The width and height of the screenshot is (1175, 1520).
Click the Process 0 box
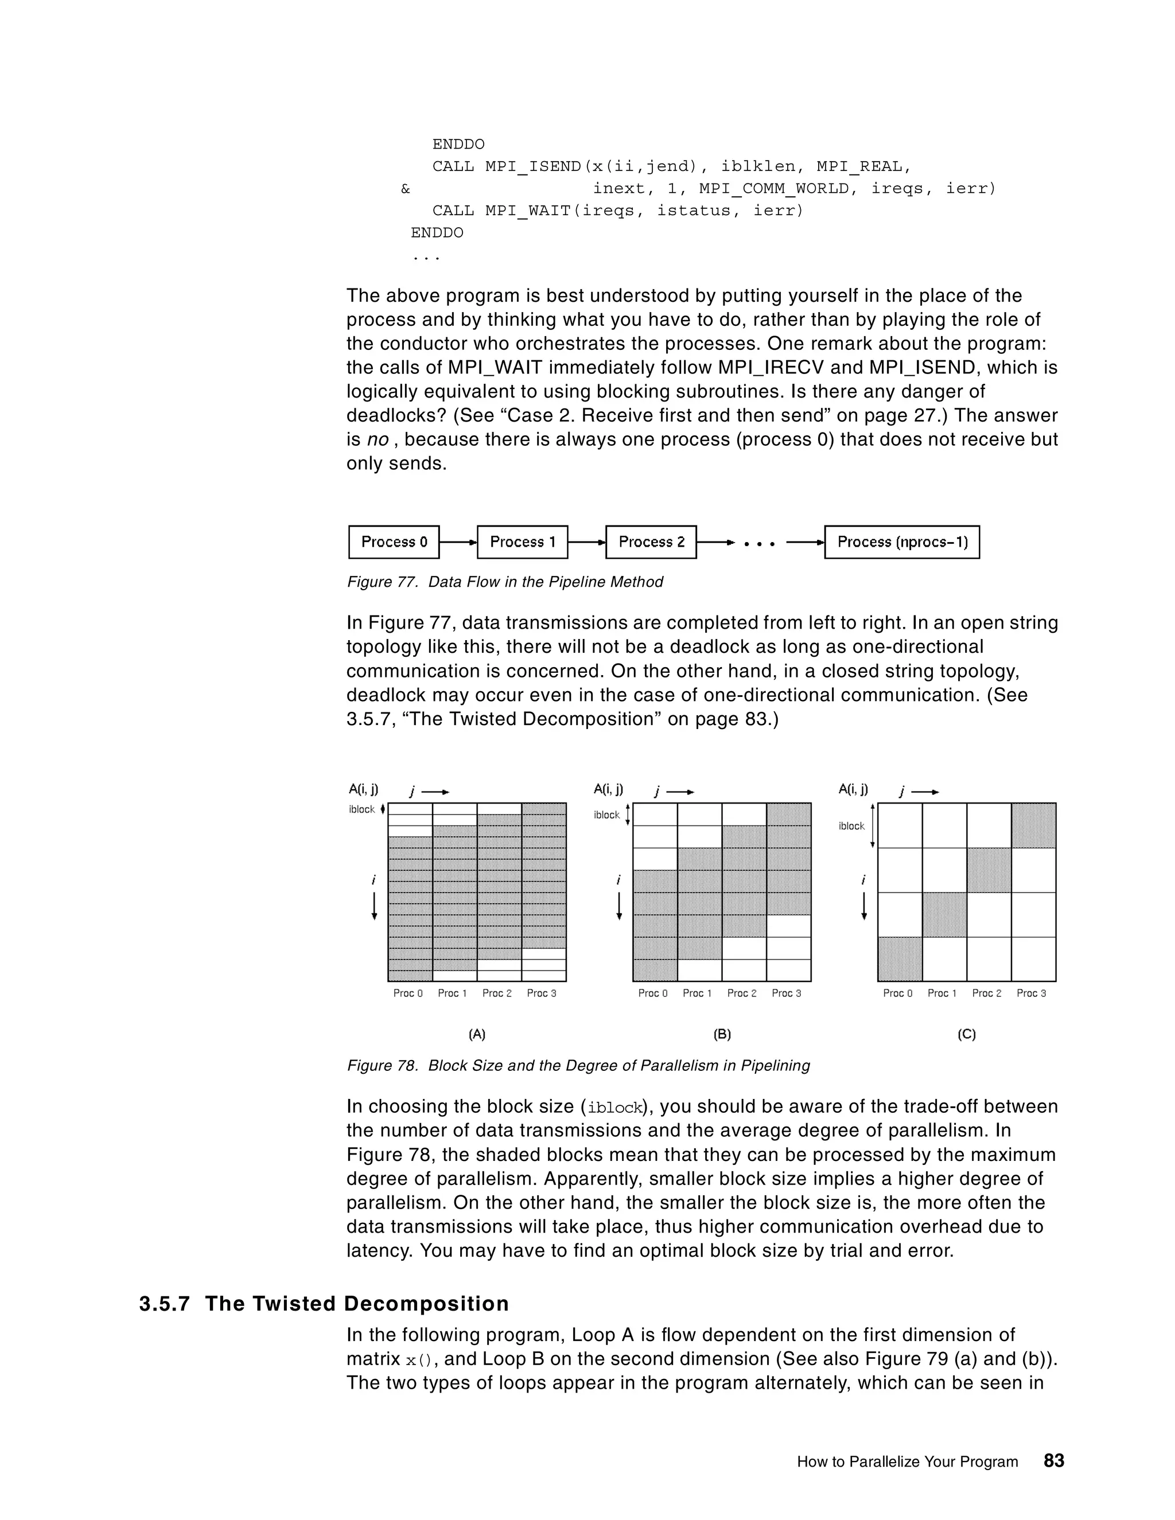394,542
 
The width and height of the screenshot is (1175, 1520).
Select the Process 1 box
522,542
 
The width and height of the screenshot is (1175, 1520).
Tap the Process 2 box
651,542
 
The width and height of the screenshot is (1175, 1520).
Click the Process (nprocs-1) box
901,542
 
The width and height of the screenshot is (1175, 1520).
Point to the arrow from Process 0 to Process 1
458,542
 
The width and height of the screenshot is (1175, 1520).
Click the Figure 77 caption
505,582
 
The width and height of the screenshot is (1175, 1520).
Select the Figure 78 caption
578,1066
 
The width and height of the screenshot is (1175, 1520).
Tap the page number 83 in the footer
1054,1461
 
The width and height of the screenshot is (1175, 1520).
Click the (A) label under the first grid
477,1034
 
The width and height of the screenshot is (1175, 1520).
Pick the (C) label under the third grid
967,1034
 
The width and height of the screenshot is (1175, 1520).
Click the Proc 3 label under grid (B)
787,993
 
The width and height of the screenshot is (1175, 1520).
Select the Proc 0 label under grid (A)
408,993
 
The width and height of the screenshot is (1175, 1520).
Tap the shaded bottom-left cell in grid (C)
900,959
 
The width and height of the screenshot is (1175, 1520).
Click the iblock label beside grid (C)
851,826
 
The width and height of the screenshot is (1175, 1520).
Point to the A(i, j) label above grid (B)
608,789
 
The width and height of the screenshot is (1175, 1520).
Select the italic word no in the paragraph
378,440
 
